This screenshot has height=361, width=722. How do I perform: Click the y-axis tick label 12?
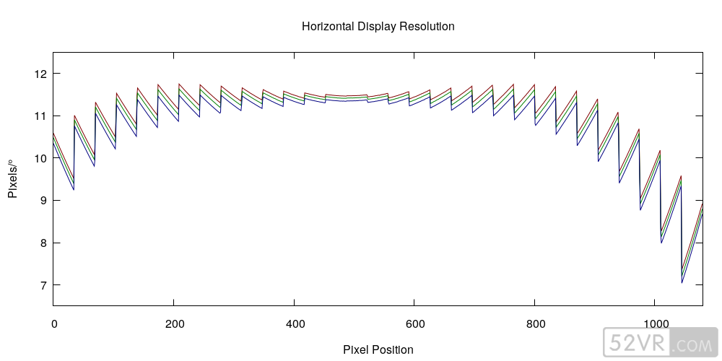(x=40, y=74)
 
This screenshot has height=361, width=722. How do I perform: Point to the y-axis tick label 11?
(x=40, y=116)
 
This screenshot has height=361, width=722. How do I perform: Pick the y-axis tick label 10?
(x=40, y=158)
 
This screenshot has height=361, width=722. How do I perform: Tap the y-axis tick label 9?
(x=43, y=201)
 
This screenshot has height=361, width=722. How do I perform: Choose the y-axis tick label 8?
(x=43, y=243)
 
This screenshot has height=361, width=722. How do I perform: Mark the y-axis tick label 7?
(x=43, y=286)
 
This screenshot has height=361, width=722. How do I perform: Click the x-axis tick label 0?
(x=53, y=323)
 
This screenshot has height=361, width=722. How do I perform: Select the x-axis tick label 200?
(x=174, y=323)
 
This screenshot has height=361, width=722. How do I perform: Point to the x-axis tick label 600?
(x=414, y=323)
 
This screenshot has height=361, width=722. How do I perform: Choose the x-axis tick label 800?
(x=535, y=323)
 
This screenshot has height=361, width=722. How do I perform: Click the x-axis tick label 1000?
(x=655, y=323)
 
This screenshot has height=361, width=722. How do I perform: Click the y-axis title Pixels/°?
(x=12, y=179)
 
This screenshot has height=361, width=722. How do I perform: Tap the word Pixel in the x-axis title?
(x=356, y=350)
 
